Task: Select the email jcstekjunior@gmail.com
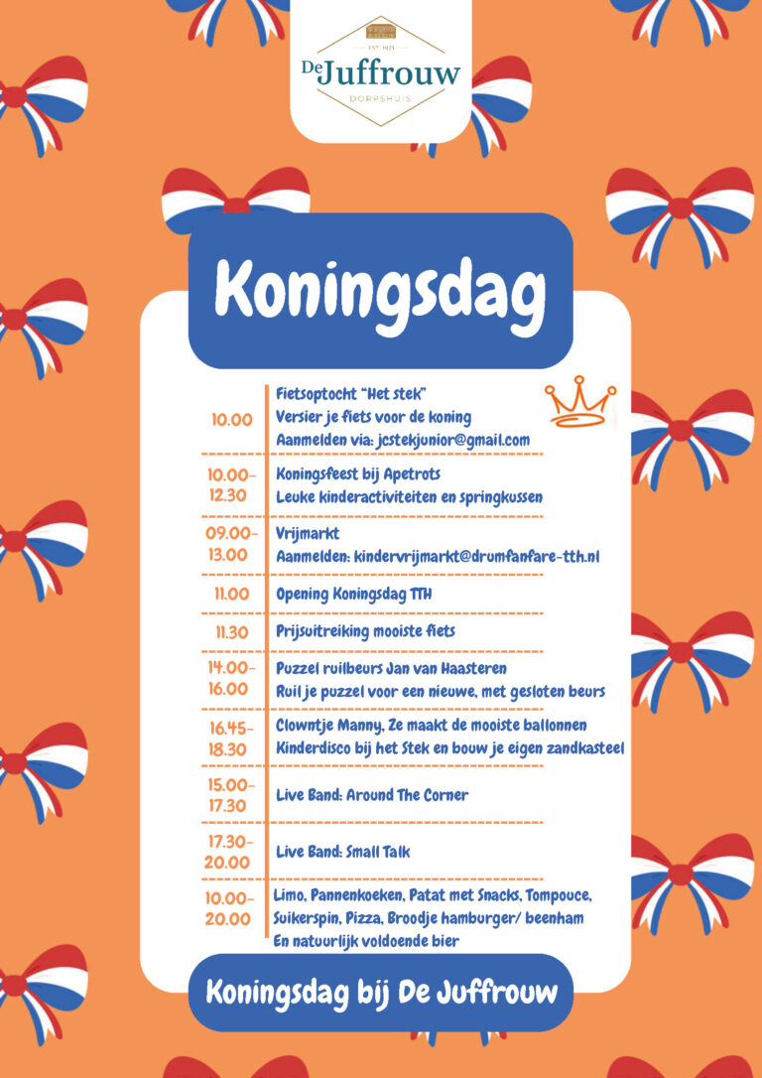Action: click(440, 440)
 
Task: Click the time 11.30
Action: click(231, 631)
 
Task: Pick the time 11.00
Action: click(231, 595)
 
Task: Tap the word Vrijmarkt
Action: click(308, 534)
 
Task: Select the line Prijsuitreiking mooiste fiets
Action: click(365, 631)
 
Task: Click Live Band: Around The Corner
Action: click(372, 795)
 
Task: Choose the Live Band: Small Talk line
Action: click(342, 852)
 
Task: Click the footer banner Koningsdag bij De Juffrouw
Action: click(381, 991)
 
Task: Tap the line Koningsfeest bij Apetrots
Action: click(358, 474)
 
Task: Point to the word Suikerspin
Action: click(304, 918)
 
